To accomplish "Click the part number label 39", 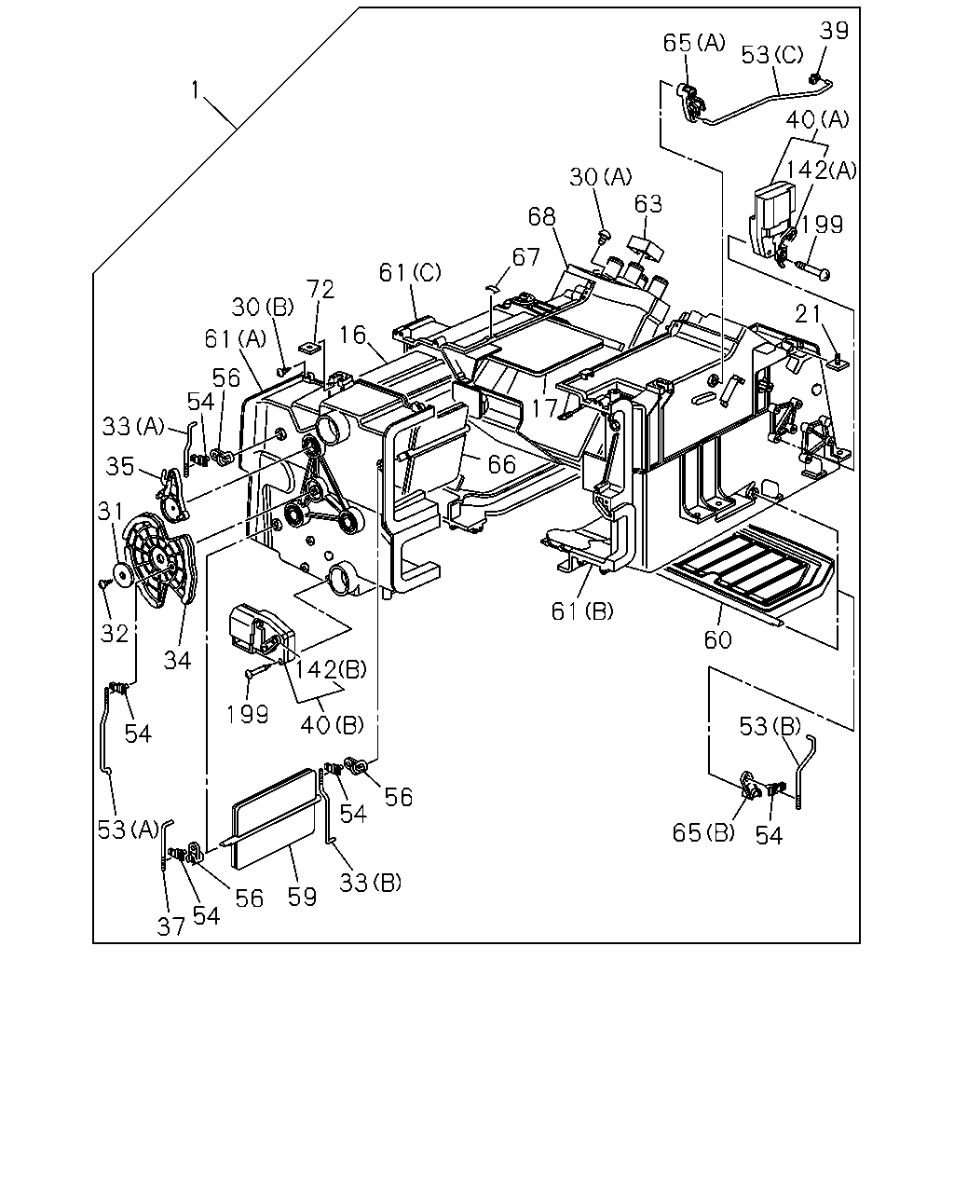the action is [x=834, y=31].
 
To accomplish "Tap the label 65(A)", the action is [x=693, y=43].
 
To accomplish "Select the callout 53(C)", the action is [x=771, y=55].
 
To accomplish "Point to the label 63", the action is [x=648, y=204].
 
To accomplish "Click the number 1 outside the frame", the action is [x=195, y=90].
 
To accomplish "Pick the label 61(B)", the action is [x=582, y=610].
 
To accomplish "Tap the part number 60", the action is [x=718, y=639].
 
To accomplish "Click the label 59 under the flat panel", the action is [x=302, y=897].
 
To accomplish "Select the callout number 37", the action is [x=170, y=926].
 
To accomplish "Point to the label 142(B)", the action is [x=331, y=670].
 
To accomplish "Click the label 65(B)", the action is [x=703, y=832].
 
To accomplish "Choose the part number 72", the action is [x=321, y=289].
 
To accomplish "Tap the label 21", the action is [x=808, y=315].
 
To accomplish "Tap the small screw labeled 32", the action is [x=103, y=583].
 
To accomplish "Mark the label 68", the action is [x=541, y=217].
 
